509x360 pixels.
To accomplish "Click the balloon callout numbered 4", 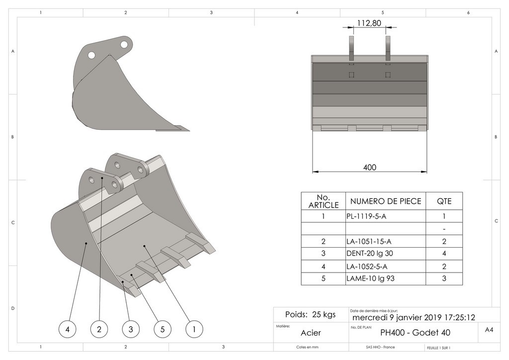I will click(68, 329).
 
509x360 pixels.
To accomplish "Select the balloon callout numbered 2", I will click(99, 329).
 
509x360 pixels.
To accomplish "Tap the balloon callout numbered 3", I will click(131, 329).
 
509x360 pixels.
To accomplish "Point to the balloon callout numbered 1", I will click(194, 329).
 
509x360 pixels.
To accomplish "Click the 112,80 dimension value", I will click(369, 22).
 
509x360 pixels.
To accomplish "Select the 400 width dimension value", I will click(370, 168).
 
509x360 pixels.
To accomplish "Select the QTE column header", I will click(444, 201).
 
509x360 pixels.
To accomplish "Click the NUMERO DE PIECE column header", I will click(386, 201).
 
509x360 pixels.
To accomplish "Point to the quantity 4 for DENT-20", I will click(444, 254).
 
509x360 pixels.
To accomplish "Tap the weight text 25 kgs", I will click(311, 314).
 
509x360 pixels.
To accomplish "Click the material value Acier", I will click(311, 333).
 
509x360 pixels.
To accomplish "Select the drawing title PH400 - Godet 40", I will click(415, 333).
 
